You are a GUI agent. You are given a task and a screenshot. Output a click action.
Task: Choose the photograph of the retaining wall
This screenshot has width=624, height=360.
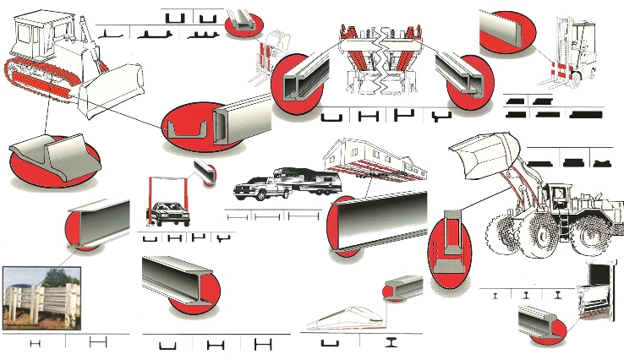click(x=41, y=300)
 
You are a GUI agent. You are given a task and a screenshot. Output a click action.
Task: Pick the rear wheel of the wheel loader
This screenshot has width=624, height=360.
click(x=587, y=237)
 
